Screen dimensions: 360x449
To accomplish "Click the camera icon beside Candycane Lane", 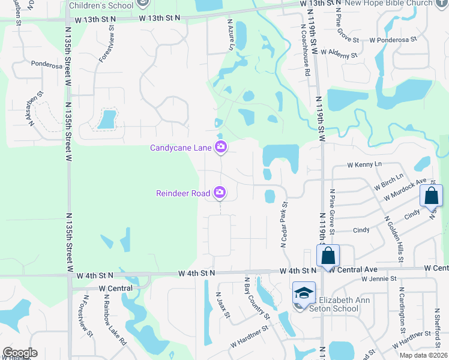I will point(221,146).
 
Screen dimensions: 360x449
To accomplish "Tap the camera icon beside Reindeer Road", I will point(220,192).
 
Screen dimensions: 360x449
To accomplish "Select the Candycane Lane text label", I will point(181,148).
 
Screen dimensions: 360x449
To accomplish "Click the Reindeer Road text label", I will point(183,193).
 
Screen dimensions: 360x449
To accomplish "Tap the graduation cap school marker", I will point(304,293).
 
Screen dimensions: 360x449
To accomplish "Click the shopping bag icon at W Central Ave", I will point(328,255).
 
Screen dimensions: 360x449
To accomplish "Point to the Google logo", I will point(20,353).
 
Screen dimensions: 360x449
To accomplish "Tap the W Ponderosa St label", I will point(393,40).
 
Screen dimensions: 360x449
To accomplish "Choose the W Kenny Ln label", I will point(364,164).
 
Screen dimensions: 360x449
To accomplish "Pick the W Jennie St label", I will point(379,279).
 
